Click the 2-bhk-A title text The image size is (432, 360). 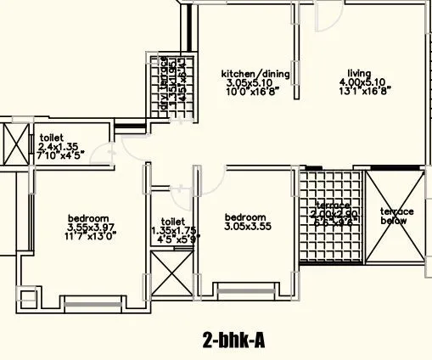click(x=233, y=340)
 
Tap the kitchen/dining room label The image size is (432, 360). click(x=255, y=74)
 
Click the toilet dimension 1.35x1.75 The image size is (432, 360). click(x=172, y=229)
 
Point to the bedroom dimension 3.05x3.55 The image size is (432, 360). click(x=248, y=227)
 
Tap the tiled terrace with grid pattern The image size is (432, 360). click(x=332, y=221)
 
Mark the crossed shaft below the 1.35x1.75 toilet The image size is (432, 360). click(x=171, y=273)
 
